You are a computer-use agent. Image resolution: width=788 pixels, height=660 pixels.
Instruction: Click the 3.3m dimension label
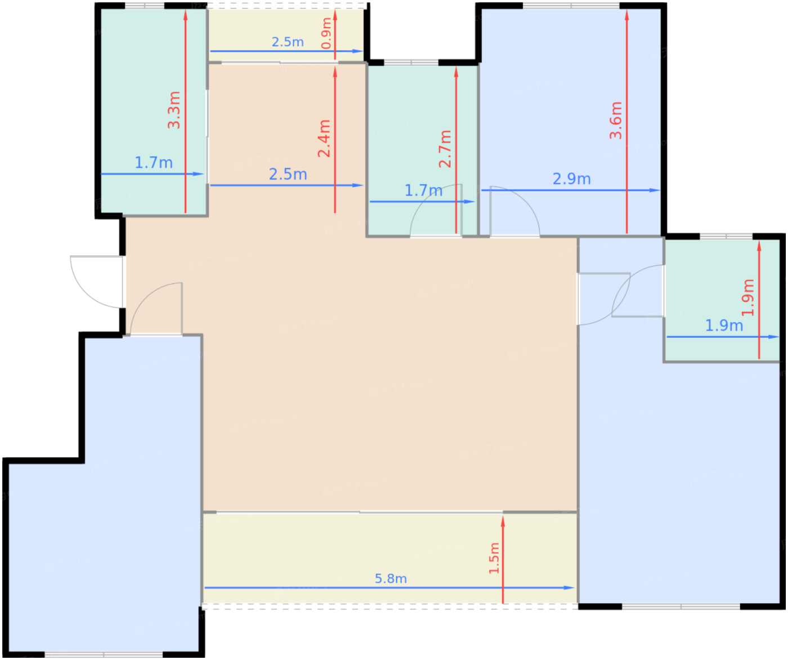tap(174, 110)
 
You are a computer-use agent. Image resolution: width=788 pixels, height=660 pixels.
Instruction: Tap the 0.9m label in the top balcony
tap(326, 33)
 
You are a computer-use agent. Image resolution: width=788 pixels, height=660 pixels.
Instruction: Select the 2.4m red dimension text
tap(324, 138)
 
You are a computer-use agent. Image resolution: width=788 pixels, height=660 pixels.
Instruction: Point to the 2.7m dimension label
tap(445, 148)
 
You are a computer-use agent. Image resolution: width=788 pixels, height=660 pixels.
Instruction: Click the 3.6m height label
tap(616, 120)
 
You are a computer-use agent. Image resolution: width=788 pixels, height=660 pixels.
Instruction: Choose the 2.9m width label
tap(571, 179)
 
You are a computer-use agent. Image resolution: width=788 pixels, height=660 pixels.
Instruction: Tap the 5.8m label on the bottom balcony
tap(391, 578)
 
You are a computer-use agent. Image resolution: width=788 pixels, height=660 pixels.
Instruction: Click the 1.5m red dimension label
tap(494, 558)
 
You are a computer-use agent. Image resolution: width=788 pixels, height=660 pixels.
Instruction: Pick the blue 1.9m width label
tap(724, 325)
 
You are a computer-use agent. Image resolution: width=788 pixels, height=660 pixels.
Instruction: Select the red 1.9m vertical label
tap(747, 297)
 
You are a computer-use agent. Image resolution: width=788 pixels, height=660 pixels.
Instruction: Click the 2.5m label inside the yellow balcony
tap(288, 42)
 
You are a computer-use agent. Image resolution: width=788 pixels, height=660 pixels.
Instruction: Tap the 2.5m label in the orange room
tap(288, 175)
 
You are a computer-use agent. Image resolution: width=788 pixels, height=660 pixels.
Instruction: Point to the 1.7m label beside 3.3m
tap(154, 163)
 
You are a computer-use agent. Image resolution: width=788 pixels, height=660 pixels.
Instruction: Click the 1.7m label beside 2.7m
tap(423, 191)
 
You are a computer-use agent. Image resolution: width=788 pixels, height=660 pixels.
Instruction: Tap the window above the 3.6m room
tap(571, 5)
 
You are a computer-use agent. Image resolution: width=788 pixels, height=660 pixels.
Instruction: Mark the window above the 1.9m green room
tap(726, 236)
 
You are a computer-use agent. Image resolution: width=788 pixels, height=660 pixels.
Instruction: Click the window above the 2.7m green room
tap(411, 63)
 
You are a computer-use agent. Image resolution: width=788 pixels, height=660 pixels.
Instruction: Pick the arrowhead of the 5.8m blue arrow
tap(569, 587)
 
